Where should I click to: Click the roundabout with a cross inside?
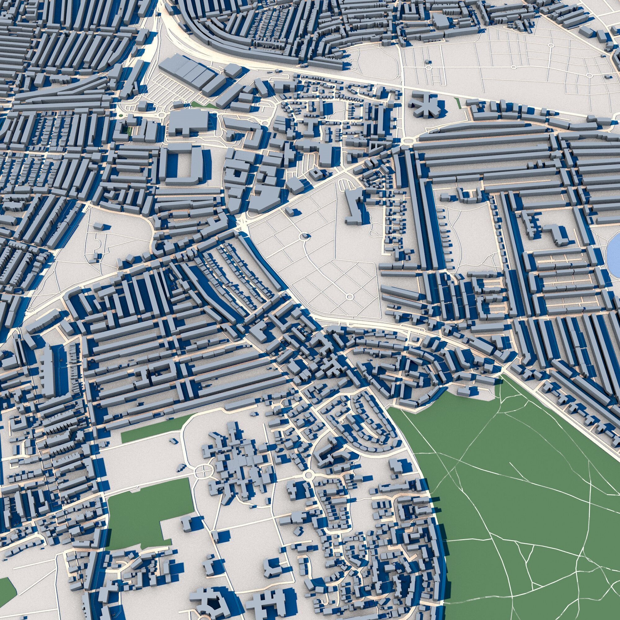coord(203,471)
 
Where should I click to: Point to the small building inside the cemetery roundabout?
coord(304,237)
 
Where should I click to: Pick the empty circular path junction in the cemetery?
coord(349,297)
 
